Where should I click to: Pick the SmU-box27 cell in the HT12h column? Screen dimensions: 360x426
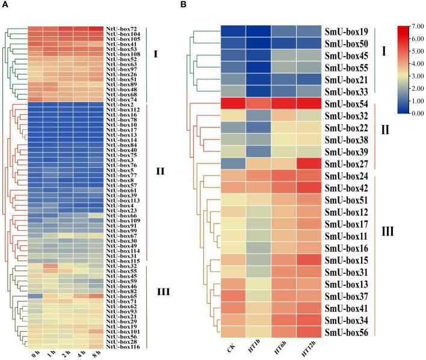[308, 163]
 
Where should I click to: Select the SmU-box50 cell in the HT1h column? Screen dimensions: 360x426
[258, 47]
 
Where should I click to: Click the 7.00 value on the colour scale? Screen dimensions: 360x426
[416, 28]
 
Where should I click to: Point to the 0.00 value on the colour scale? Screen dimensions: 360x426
[416, 112]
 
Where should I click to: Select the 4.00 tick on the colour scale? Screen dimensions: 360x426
[416, 64]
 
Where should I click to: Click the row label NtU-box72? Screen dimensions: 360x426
[122, 29]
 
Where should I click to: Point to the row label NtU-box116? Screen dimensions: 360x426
[123, 347]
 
